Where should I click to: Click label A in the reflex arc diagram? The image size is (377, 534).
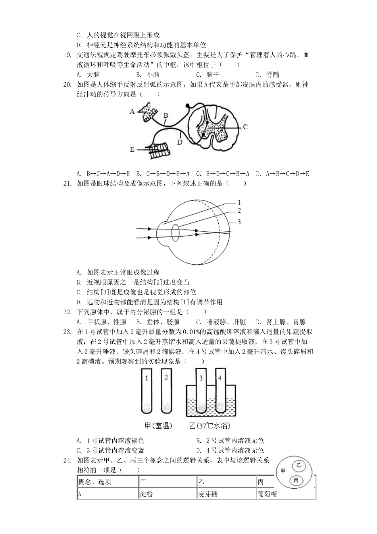coord(133,111)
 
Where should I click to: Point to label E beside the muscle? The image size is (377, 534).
coord(132,149)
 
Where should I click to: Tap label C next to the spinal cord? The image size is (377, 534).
coord(245,127)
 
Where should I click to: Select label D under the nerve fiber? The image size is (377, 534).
coord(180,142)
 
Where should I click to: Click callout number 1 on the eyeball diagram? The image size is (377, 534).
coord(239,203)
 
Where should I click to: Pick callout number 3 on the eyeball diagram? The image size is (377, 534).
coord(239,222)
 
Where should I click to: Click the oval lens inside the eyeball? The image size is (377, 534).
coord(175,232)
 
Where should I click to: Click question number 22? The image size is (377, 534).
coord(67,312)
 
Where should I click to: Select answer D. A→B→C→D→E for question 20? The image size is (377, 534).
coord(283,174)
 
